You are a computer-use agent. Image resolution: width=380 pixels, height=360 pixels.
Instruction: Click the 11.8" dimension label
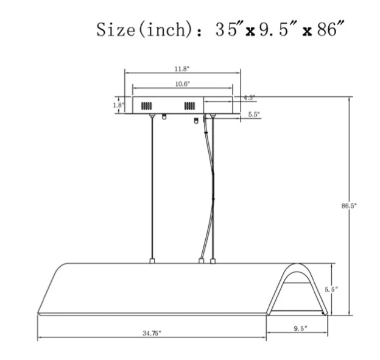(x=181, y=69)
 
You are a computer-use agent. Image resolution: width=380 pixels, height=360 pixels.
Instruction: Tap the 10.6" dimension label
(x=183, y=84)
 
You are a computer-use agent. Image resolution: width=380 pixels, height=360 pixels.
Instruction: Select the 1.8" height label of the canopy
(x=119, y=105)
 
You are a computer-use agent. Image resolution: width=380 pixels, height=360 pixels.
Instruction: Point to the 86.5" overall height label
(x=349, y=206)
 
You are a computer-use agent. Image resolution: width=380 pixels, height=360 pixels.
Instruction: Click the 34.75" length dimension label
(x=152, y=333)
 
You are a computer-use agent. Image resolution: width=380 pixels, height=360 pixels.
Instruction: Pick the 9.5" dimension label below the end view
(x=300, y=328)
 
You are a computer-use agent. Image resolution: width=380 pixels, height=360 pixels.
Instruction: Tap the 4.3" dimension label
(x=249, y=97)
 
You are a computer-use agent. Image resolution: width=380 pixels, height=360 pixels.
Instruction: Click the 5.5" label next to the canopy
(x=254, y=115)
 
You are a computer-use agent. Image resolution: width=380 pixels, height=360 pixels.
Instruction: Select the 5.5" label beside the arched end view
(x=331, y=289)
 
